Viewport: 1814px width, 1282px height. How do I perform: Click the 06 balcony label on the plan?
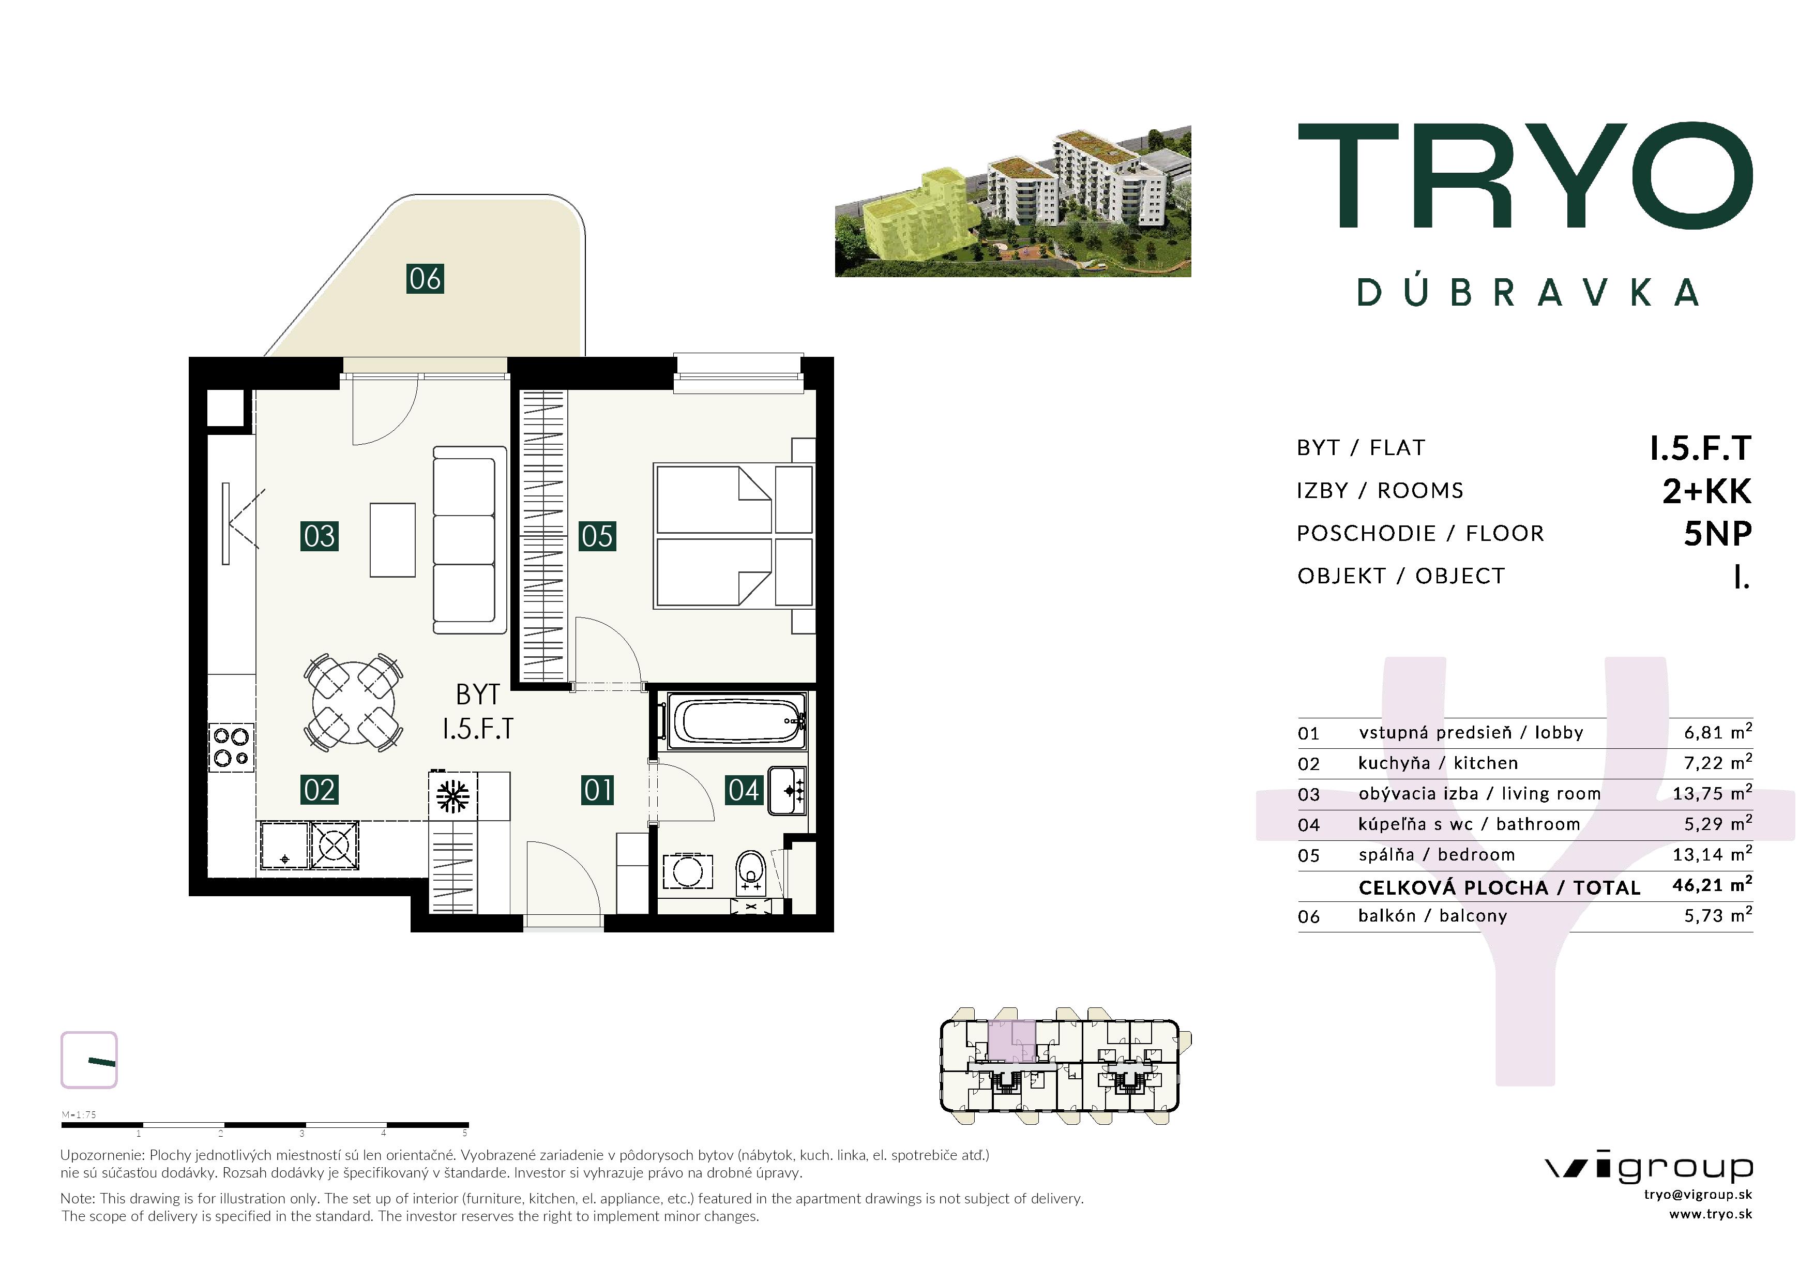pyautogui.click(x=425, y=279)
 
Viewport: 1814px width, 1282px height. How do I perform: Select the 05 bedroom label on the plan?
pyautogui.click(x=597, y=536)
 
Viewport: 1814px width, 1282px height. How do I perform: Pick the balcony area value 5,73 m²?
pyautogui.click(x=1718, y=915)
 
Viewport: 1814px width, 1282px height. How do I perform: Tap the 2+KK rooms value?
pyautogui.click(x=1706, y=491)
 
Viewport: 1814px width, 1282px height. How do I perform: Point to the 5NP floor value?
pyautogui.click(x=1718, y=534)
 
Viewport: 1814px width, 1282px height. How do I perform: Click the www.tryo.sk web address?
pyautogui.click(x=1711, y=1214)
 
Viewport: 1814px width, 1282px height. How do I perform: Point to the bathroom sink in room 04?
pyautogui.click(x=787, y=791)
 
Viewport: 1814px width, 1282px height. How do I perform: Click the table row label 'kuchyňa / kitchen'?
pyautogui.click(x=1438, y=763)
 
